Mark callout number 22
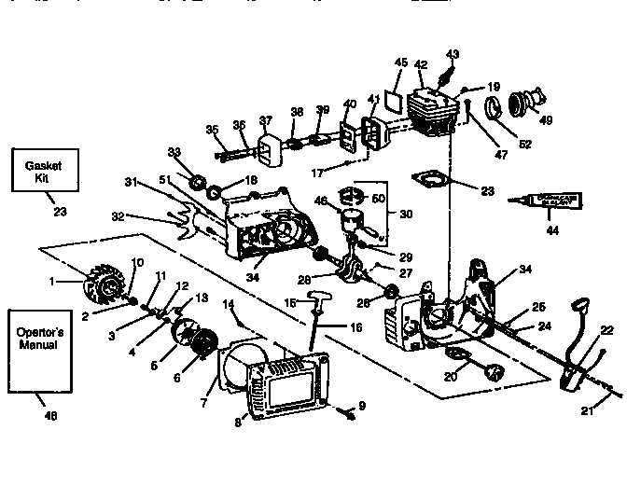coord(607,330)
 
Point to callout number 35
coord(212,130)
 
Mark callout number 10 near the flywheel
coord(138,262)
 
